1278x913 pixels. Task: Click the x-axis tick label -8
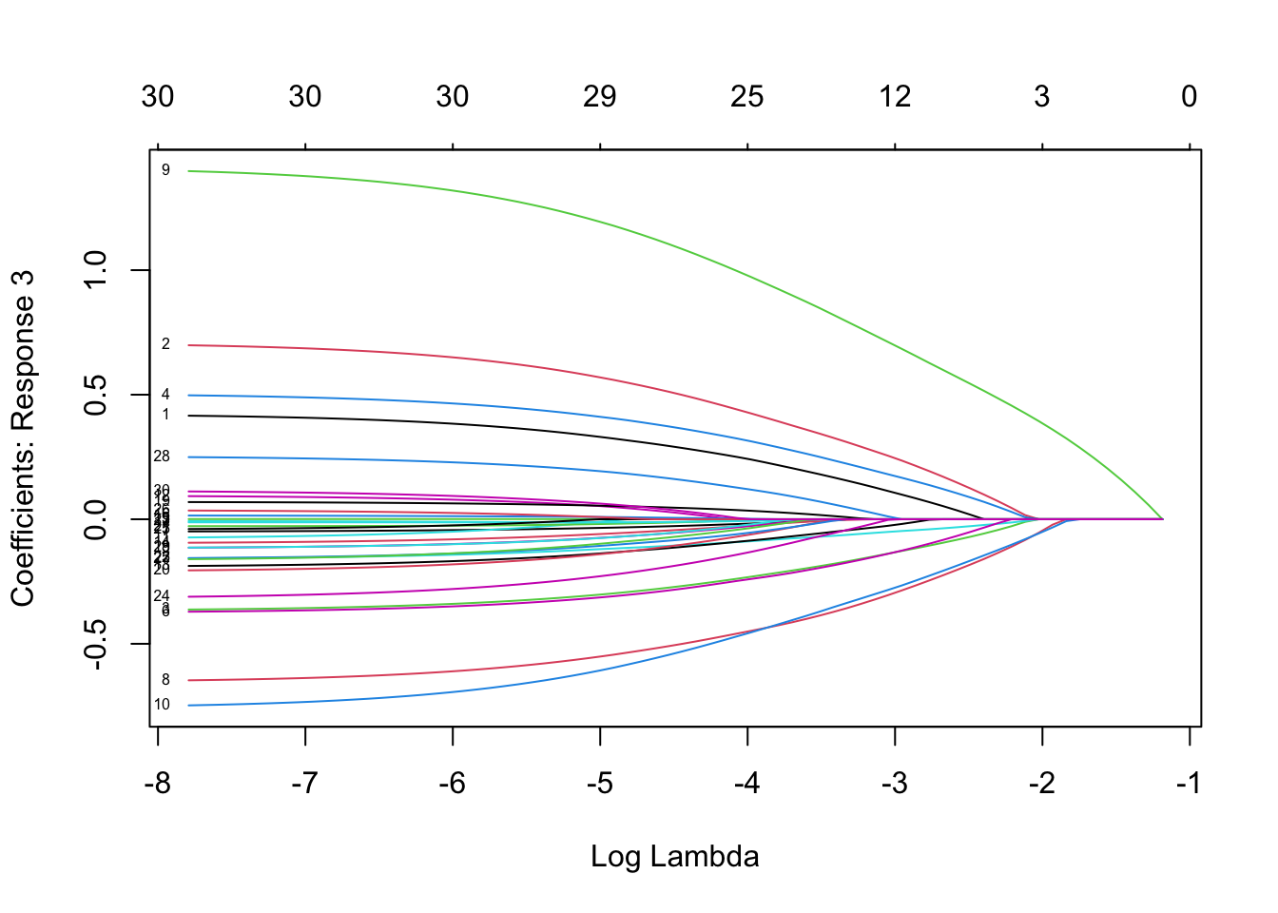pyautogui.click(x=157, y=785)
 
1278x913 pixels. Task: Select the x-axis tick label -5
pyautogui.click(x=599, y=785)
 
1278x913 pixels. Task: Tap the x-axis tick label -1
pyautogui.click(x=1188, y=785)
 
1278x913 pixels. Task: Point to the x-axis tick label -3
pyautogui.click(x=894, y=785)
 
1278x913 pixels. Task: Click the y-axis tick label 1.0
pyautogui.click(x=97, y=270)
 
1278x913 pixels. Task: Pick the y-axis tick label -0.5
pyautogui.click(x=97, y=644)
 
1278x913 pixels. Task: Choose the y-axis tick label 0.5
pyautogui.click(x=97, y=395)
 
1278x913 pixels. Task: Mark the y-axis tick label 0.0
pyautogui.click(x=97, y=519)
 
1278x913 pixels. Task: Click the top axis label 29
pyautogui.click(x=600, y=96)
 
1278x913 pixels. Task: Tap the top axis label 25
pyautogui.click(x=747, y=96)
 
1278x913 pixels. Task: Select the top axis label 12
pyautogui.click(x=895, y=96)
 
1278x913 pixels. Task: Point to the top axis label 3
pyautogui.click(x=1042, y=96)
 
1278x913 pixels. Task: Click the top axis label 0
pyautogui.click(x=1190, y=96)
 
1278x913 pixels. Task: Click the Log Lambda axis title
pyautogui.click(x=675, y=857)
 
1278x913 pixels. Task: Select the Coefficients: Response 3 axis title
pyautogui.click(x=23, y=438)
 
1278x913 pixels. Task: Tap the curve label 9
pyautogui.click(x=165, y=170)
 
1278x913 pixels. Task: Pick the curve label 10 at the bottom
pyautogui.click(x=162, y=705)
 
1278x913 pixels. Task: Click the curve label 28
pyautogui.click(x=162, y=456)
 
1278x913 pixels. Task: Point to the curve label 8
pyautogui.click(x=165, y=680)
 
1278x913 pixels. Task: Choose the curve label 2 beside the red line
pyautogui.click(x=165, y=344)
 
